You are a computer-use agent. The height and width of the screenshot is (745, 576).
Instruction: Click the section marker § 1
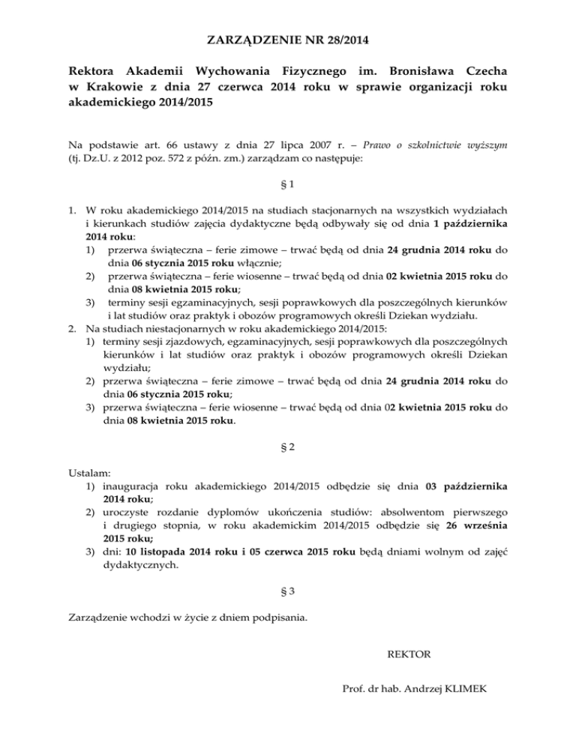pos(288,184)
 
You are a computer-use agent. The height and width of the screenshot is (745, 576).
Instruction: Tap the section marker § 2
pos(288,447)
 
